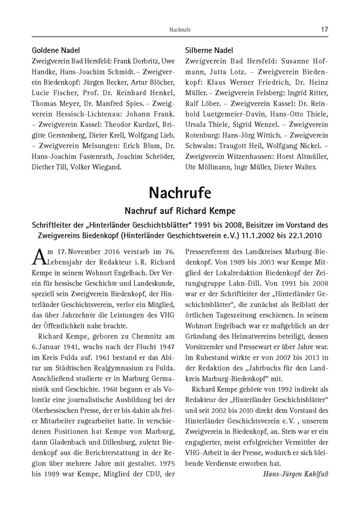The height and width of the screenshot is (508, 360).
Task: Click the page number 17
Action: (x=325, y=30)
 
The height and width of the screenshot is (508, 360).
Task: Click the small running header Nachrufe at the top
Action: (x=179, y=30)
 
